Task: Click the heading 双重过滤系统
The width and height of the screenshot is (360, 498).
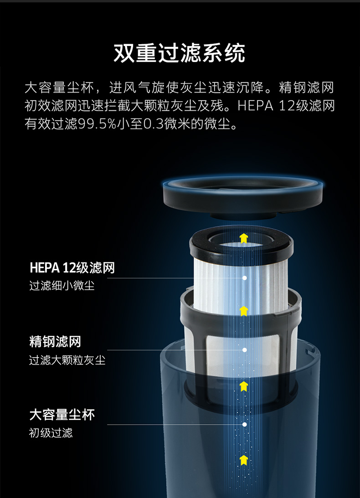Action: click(180, 53)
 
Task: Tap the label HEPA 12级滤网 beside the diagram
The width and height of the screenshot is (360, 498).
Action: click(72, 268)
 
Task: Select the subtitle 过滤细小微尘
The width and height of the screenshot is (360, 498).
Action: click(62, 286)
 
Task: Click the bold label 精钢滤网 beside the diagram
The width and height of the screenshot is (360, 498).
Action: click(55, 342)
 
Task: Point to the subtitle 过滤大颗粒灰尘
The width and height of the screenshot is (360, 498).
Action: click(67, 360)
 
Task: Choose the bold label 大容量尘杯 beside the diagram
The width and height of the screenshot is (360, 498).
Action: click(62, 415)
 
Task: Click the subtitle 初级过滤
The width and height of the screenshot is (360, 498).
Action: click(51, 432)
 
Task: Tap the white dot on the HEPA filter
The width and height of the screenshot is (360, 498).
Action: click(244, 278)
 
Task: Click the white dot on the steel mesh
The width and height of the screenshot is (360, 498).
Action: click(244, 349)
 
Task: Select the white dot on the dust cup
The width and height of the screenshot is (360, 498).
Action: click(244, 424)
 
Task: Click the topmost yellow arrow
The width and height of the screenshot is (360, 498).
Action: click(244, 238)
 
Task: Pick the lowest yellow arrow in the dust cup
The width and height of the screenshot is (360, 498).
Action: click(244, 460)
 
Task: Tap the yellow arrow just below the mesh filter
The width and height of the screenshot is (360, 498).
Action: click(244, 386)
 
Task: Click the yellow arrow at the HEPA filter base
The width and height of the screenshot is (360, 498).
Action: click(244, 311)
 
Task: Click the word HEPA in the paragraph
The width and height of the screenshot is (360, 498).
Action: click(256, 106)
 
